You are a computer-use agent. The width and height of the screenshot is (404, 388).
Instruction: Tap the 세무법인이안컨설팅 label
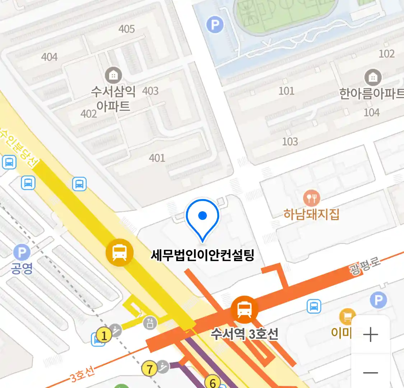203,255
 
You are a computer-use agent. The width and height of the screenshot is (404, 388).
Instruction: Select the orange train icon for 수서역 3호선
245,309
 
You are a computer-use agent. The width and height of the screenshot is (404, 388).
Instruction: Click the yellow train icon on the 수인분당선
120,253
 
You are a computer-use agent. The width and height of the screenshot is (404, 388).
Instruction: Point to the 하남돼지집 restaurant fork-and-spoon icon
311,198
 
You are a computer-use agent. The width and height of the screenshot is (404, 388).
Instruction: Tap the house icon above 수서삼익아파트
113,75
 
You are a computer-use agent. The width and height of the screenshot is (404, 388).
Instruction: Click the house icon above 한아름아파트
373,77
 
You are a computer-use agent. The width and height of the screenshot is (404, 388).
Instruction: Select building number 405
127,29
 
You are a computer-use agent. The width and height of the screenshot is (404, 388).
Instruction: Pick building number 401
157,158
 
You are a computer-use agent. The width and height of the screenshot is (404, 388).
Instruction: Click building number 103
290,142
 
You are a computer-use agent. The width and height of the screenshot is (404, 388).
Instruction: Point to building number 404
49,57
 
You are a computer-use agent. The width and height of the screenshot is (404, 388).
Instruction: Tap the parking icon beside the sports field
215,25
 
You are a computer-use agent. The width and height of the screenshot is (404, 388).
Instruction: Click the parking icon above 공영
22,252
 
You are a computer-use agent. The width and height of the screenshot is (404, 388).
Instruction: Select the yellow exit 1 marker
104,336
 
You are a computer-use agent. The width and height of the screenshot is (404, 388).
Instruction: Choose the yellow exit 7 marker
150,369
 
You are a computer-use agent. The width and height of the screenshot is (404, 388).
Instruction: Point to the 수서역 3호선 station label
244,334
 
